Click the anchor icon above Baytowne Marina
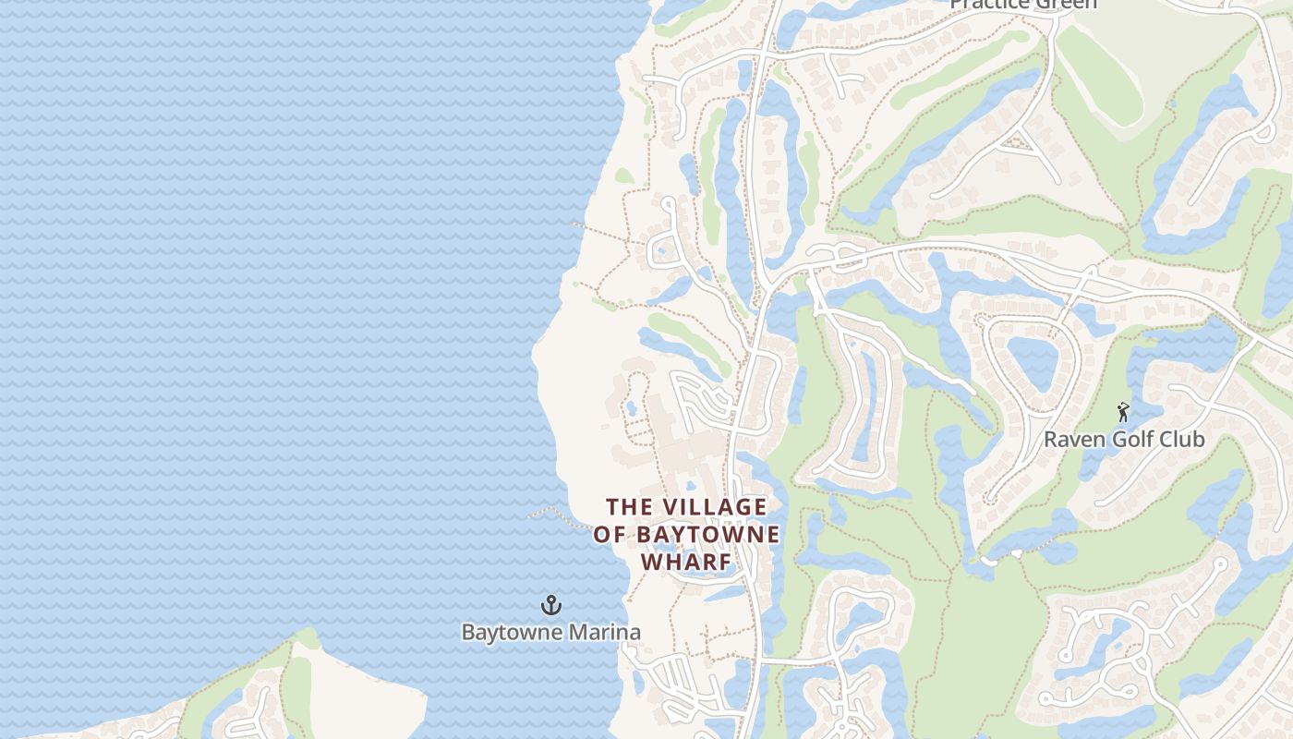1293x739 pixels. tap(551, 606)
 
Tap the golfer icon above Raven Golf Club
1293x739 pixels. tap(1123, 412)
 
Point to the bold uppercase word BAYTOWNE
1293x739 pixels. tap(707, 535)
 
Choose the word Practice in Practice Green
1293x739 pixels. tap(987, 4)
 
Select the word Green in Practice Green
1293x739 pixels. tap(1063, 4)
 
